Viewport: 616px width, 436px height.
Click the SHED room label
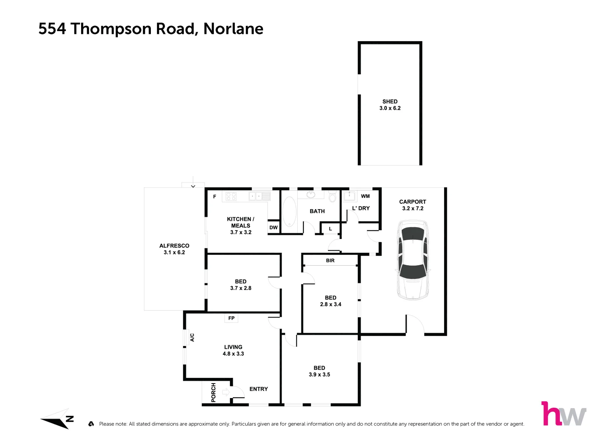click(x=390, y=102)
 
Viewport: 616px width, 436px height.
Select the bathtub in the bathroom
click(x=289, y=212)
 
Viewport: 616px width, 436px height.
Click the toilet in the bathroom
click(x=332, y=197)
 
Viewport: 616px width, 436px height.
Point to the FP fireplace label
click(x=231, y=318)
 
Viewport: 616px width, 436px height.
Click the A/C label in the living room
click(x=192, y=337)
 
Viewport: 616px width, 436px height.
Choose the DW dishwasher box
click(x=274, y=227)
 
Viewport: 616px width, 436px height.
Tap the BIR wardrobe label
click(x=330, y=260)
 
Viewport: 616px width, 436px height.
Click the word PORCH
click(x=213, y=392)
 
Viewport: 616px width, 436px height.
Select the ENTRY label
click(x=259, y=389)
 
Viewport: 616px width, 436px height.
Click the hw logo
click(x=564, y=414)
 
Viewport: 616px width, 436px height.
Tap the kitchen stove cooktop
click(x=231, y=196)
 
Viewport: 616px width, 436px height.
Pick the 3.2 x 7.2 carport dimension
click(x=413, y=208)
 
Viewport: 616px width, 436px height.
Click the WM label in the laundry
click(x=365, y=196)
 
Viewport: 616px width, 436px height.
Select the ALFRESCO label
click(x=174, y=245)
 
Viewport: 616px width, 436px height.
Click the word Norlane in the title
click(x=233, y=29)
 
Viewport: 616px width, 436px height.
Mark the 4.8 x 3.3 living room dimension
click(x=233, y=354)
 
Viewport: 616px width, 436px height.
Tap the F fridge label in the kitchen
click(x=215, y=197)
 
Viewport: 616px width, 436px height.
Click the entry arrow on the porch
click(x=226, y=392)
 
